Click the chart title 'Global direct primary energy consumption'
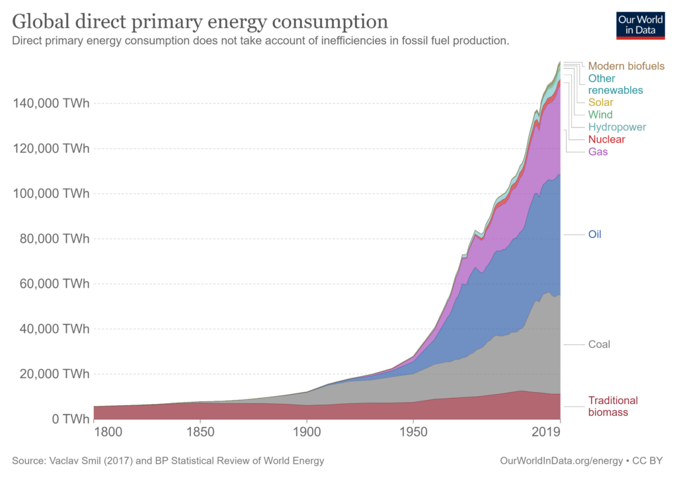click(x=200, y=21)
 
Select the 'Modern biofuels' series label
click(x=626, y=66)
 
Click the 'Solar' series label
click(x=600, y=102)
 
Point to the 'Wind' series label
click(x=600, y=114)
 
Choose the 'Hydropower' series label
click(x=617, y=127)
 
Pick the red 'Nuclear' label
click(x=606, y=139)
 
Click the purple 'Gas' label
click(x=598, y=151)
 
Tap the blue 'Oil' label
click(x=594, y=235)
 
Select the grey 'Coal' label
click(x=599, y=344)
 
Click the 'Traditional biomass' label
click(x=613, y=406)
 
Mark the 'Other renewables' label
click(x=615, y=84)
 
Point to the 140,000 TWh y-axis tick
click(x=51, y=104)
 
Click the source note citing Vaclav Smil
click(x=168, y=461)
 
